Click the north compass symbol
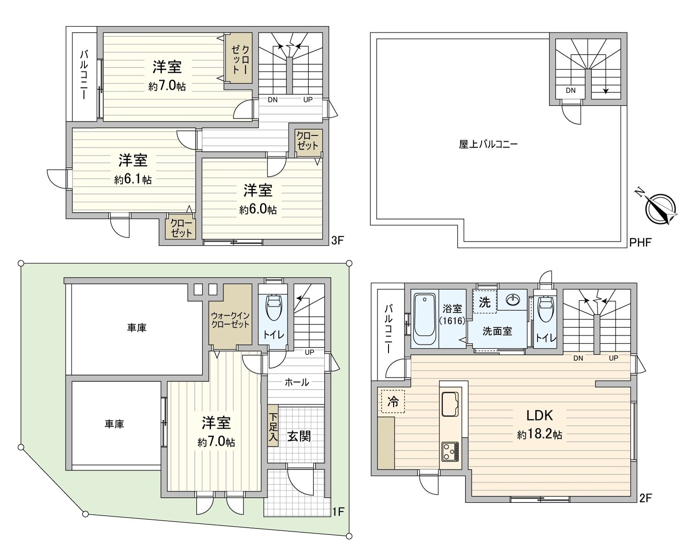660,208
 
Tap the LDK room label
539,415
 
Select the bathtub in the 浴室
425,319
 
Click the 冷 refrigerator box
393,402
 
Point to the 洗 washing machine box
485,302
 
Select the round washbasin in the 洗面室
512,299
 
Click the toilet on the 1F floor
273,307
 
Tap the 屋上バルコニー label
488,144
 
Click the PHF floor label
640,242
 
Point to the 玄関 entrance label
299,436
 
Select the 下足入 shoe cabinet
273,426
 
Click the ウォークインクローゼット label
230,320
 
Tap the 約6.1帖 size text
133,180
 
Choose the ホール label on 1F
297,382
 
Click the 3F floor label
338,241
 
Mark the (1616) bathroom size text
452,321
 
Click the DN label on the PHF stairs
571,90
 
